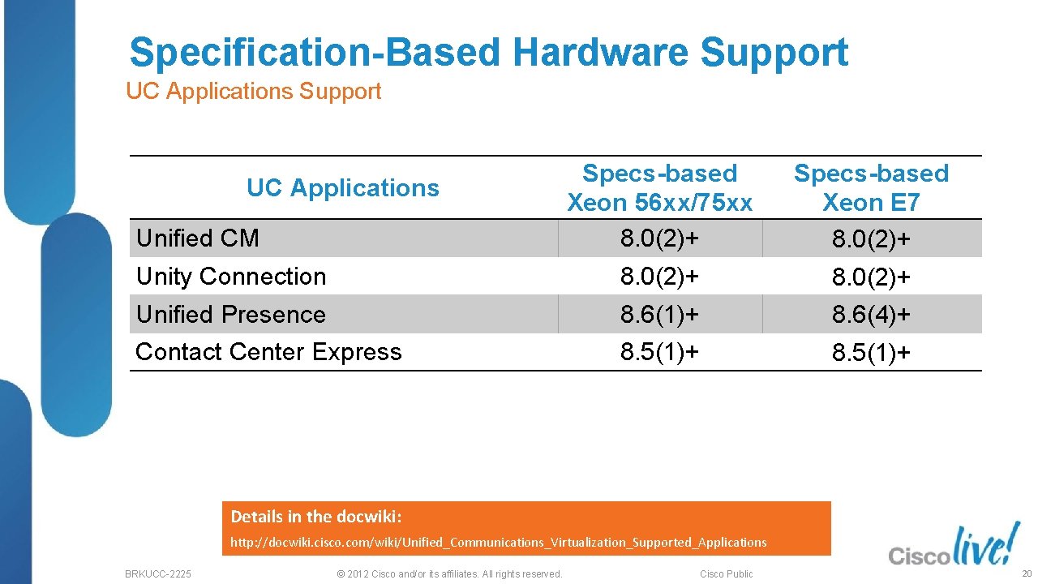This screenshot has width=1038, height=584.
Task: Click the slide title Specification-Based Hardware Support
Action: [488, 53]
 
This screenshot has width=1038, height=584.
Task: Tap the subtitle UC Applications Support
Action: [253, 92]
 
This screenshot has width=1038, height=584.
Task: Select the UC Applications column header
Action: [342, 188]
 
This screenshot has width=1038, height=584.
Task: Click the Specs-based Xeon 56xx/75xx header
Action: [659, 187]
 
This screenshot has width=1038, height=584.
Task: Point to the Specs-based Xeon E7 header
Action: [871, 187]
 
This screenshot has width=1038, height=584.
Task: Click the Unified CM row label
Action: [198, 238]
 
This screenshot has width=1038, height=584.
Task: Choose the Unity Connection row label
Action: [231, 277]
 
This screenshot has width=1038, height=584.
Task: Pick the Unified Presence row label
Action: [231, 315]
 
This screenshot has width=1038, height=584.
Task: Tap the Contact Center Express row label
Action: [268, 352]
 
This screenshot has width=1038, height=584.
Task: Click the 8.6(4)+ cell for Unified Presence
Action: [871, 315]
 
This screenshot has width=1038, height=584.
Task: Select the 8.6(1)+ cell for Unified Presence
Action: [659, 315]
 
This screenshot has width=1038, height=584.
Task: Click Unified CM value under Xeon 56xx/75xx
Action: [659, 238]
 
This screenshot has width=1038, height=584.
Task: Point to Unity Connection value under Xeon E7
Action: [871, 277]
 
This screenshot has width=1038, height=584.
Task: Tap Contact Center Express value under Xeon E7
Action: [871, 353]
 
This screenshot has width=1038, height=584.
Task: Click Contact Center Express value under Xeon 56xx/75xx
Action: [659, 352]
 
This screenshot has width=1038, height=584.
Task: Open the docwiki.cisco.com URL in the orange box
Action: [498, 542]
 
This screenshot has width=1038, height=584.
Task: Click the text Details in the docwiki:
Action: [316, 517]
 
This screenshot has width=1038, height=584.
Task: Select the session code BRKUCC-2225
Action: [158, 574]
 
